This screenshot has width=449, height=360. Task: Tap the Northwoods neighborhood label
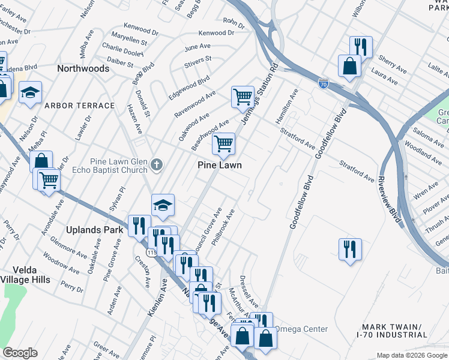(83, 68)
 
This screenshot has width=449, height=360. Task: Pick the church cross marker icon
(157, 164)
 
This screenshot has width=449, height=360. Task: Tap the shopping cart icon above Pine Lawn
(223, 143)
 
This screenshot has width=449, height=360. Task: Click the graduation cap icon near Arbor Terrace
(29, 92)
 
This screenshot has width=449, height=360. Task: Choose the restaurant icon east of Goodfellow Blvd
(350, 248)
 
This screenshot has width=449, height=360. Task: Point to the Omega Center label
(301, 329)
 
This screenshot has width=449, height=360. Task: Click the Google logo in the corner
(20, 353)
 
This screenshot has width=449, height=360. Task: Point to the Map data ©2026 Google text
(412, 355)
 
